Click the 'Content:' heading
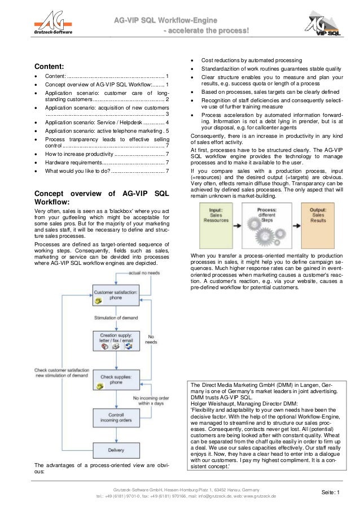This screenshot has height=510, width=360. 49,66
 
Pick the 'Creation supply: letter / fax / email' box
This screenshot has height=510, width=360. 116,341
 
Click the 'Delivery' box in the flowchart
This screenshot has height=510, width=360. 116,450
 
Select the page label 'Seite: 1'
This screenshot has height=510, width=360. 331,493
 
